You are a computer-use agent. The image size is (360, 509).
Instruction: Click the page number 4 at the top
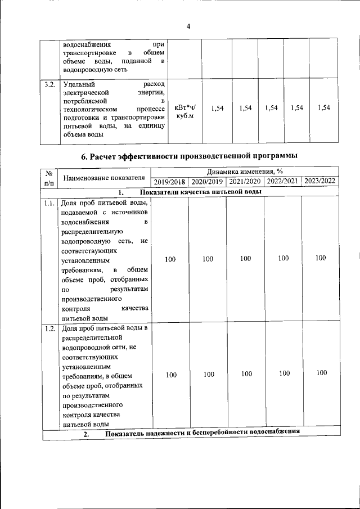click(x=188, y=26)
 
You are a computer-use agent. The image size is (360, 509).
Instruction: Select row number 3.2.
click(x=49, y=85)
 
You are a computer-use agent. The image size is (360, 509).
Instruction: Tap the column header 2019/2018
click(x=170, y=182)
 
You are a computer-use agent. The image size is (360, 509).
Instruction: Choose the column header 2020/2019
click(x=208, y=182)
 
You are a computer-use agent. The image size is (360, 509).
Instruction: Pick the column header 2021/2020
click(x=245, y=182)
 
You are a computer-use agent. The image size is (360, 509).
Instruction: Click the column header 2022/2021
click(x=283, y=182)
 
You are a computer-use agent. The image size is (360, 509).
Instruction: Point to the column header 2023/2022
click(x=320, y=181)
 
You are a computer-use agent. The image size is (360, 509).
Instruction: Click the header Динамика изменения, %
click(x=245, y=172)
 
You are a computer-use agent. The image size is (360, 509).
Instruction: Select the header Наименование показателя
click(x=104, y=178)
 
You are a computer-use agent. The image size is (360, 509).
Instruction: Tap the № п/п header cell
click(x=49, y=178)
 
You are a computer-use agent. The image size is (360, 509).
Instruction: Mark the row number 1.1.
click(x=49, y=203)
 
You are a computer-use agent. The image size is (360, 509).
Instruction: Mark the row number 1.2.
click(x=49, y=328)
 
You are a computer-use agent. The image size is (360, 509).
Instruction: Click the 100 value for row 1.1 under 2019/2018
click(x=170, y=259)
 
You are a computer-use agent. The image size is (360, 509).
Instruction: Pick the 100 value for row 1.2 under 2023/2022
click(x=321, y=373)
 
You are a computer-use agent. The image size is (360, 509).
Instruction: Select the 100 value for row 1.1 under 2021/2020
click(x=245, y=259)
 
